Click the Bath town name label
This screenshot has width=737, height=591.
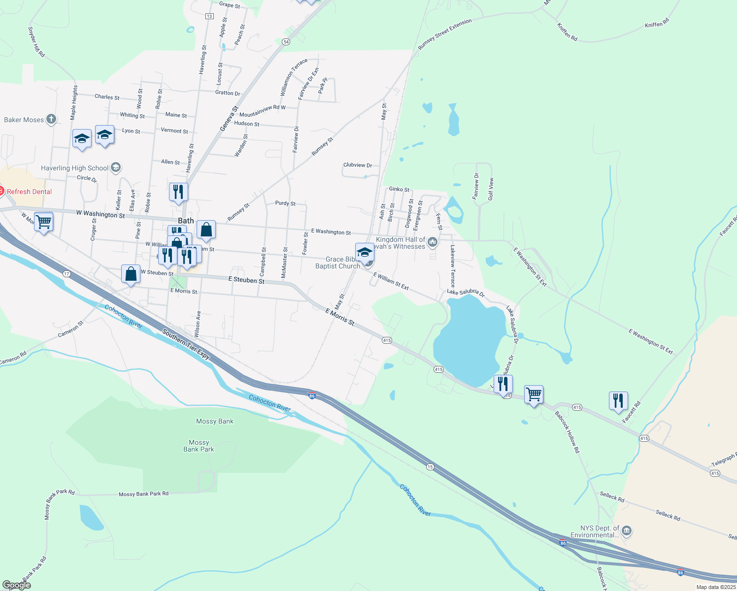[186, 221]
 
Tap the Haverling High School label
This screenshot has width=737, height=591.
[74, 168]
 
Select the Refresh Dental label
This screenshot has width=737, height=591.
[29, 192]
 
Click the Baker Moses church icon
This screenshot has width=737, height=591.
[51, 119]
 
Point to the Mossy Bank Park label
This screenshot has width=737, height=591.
[199, 446]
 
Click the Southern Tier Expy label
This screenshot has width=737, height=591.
[186, 344]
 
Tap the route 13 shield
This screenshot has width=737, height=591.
[209, 16]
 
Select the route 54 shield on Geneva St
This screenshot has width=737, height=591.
[286, 42]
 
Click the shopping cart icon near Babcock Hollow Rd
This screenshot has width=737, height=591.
[534, 394]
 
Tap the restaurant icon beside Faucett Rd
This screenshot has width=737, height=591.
[618, 401]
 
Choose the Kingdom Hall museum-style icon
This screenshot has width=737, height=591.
[433, 241]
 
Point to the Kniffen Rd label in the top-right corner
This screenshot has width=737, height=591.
[657, 23]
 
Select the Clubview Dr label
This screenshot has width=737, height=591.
[358, 165]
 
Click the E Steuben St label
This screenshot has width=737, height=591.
[246, 280]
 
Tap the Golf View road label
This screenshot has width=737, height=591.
[491, 189]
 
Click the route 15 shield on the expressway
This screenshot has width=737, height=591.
[430, 466]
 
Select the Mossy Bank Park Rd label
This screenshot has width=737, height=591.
[143, 493]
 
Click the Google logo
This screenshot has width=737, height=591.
[17, 585]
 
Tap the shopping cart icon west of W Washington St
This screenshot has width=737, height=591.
[44, 222]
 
